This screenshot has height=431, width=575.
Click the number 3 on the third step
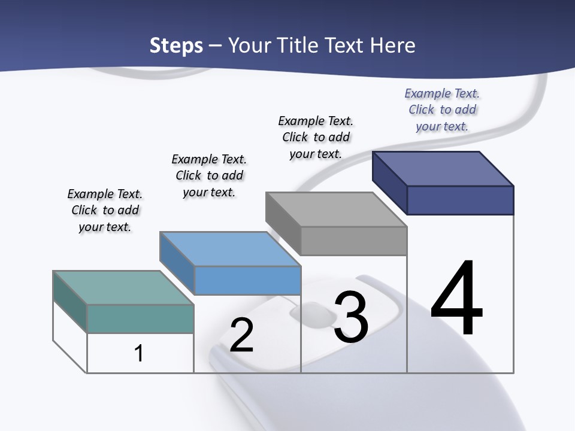point(350,317)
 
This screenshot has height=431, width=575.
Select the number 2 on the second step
point(241,335)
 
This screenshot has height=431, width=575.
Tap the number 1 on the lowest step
point(138,353)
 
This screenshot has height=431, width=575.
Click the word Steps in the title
point(176,45)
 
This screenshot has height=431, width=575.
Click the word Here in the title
point(394,45)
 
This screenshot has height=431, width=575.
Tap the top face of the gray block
point(336,210)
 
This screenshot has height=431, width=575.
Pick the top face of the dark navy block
point(443,168)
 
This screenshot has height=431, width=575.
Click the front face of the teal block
point(140,318)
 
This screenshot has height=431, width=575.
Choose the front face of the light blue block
point(247,280)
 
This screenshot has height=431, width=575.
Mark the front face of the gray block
point(353,241)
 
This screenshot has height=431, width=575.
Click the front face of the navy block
point(460,200)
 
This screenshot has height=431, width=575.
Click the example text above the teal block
point(105,210)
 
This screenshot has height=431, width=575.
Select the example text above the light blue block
point(209,175)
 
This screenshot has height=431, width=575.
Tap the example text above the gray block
point(316,137)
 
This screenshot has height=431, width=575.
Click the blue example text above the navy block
point(442,110)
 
